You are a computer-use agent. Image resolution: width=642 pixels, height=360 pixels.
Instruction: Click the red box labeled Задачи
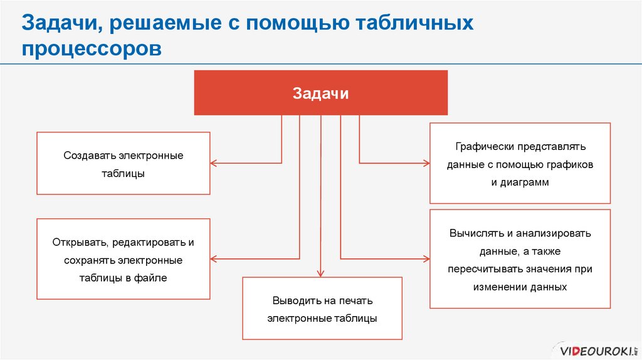tap(320, 93)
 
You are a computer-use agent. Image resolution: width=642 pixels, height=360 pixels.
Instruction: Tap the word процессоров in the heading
tap(92, 48)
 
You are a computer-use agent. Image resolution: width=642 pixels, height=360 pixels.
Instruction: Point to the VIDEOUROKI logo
tap(595, 350)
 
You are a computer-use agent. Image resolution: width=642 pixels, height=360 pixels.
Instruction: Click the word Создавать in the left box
tap(88, 156)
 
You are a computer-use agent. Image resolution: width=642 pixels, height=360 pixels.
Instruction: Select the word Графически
tap(485, 146)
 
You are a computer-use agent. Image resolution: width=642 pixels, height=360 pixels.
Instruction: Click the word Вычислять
tap(476, 233)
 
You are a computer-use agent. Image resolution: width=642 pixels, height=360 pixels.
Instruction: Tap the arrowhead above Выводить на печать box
tap(320, 273)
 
